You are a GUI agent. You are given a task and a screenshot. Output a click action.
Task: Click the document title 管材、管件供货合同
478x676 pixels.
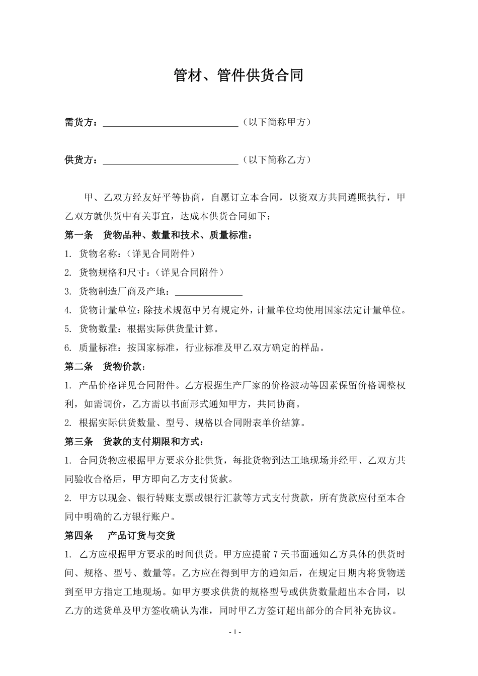pyautogui.click(x=238, y=75)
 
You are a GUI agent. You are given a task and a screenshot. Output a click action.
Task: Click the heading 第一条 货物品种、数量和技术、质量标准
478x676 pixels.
pyautogui.click(x=158, y=235)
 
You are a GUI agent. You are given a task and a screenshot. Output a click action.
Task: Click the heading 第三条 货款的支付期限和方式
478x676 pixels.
pyautogui.click(x=134, y=442)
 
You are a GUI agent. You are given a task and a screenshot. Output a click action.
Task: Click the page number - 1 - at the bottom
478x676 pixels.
pyautogui.click(x=235, y=632)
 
